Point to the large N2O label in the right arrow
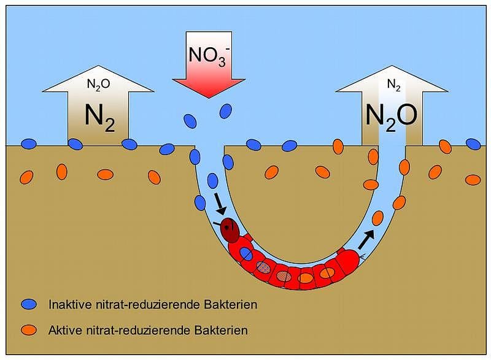[392, 115]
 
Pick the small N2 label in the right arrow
[393, 86]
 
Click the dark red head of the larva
[230, 229]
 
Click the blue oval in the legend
[29, 304]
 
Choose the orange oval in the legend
[29, 331]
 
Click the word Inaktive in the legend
[68, 304]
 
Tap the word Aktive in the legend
[64, 331]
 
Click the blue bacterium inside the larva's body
[245, 254]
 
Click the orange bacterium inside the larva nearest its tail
[327, 272]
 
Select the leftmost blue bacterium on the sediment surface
[29, 144]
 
